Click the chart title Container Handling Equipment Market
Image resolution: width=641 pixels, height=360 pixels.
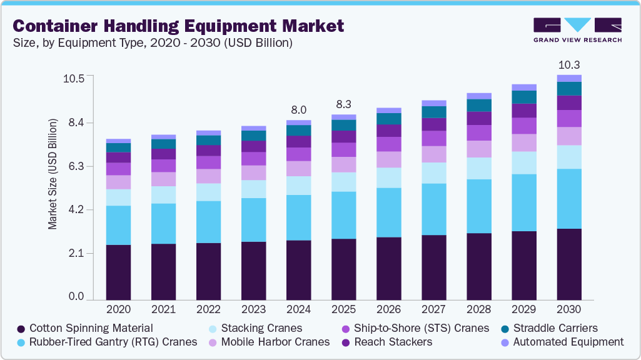click(178, 26)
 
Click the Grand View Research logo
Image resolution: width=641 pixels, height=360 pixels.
click(577, 30)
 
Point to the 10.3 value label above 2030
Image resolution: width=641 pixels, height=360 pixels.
click(569, 64)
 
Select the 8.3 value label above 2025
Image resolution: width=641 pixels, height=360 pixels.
click(343, 104)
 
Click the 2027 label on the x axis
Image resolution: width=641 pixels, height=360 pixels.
click(433, 309)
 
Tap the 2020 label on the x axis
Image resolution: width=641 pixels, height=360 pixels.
click(118, 309)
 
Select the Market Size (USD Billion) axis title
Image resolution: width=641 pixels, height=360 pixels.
click(53, 172)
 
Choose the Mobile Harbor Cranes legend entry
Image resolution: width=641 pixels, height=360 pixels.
click(275, 342)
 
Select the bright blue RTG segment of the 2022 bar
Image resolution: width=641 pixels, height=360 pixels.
click(208, 222)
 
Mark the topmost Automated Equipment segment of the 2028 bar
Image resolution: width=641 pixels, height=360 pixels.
click(479, 96)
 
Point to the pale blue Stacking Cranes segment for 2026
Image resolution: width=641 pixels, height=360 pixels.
click(388, 177)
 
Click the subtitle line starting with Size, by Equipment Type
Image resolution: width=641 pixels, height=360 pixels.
click(153, 43)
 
